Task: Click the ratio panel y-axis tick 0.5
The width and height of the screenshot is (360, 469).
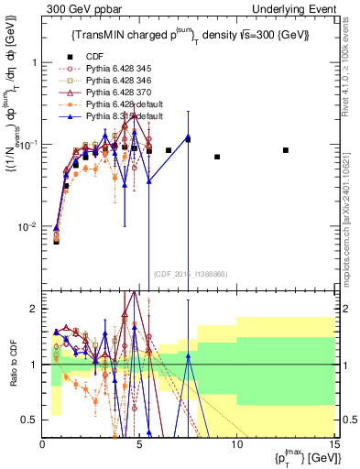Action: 32,420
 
